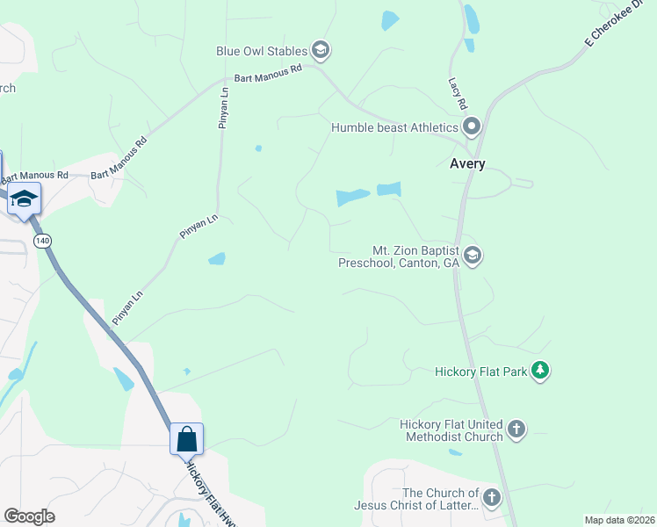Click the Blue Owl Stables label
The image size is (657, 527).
click(262, 51)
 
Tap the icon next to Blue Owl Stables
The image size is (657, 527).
click(321, 50)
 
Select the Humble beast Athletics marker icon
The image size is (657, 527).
click(472, 127)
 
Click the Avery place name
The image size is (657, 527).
click(467, 163)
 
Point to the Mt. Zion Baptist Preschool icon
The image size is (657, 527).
click(473, 256)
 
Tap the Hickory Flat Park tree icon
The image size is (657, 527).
click(541, 372)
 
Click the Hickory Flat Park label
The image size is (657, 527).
click(481, 372)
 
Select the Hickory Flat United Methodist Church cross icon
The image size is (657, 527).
click(517, 430)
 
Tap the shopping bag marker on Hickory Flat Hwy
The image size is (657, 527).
click(187, 438)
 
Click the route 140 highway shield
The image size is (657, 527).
click(42, 240)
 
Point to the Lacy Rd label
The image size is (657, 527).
click(457, 93)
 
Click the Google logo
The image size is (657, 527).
click(29, 516)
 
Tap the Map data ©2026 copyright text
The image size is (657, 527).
click(619, 520)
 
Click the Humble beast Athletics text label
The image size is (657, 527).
click(394, 127)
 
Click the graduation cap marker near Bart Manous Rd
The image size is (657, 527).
click(25, 199)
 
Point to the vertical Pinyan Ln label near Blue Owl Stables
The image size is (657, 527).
click(223, 107)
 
